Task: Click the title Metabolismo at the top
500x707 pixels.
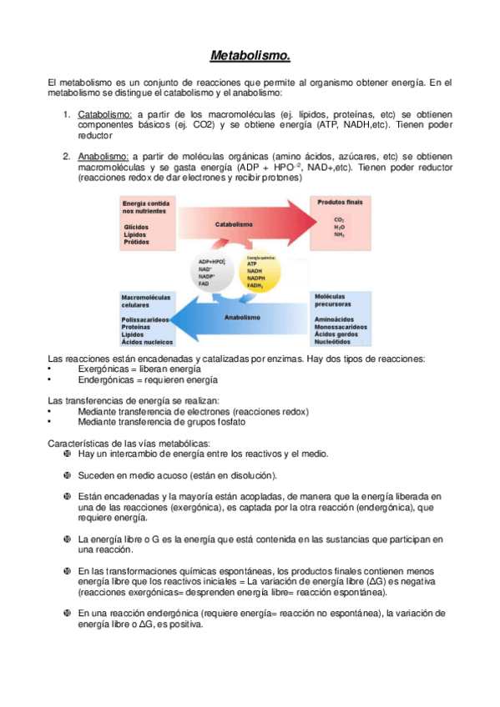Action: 250,57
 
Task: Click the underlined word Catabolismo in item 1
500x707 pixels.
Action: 105,114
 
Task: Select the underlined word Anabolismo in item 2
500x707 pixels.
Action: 104,156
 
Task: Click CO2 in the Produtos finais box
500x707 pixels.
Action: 339,219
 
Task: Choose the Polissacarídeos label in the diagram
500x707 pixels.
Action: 146,319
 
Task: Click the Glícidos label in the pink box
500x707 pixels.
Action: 136,227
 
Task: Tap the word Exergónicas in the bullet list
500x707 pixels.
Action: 104,369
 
